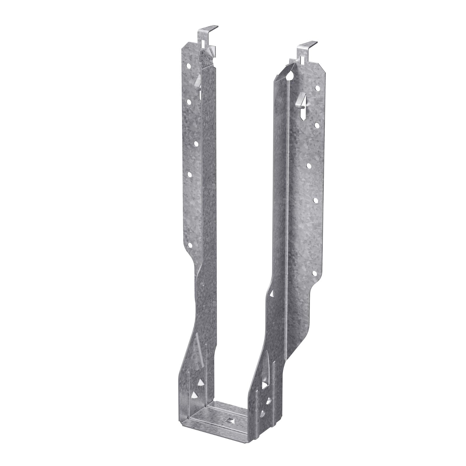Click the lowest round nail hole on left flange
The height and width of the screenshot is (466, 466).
click(190, 246)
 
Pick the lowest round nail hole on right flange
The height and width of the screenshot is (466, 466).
click(315, 273)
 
